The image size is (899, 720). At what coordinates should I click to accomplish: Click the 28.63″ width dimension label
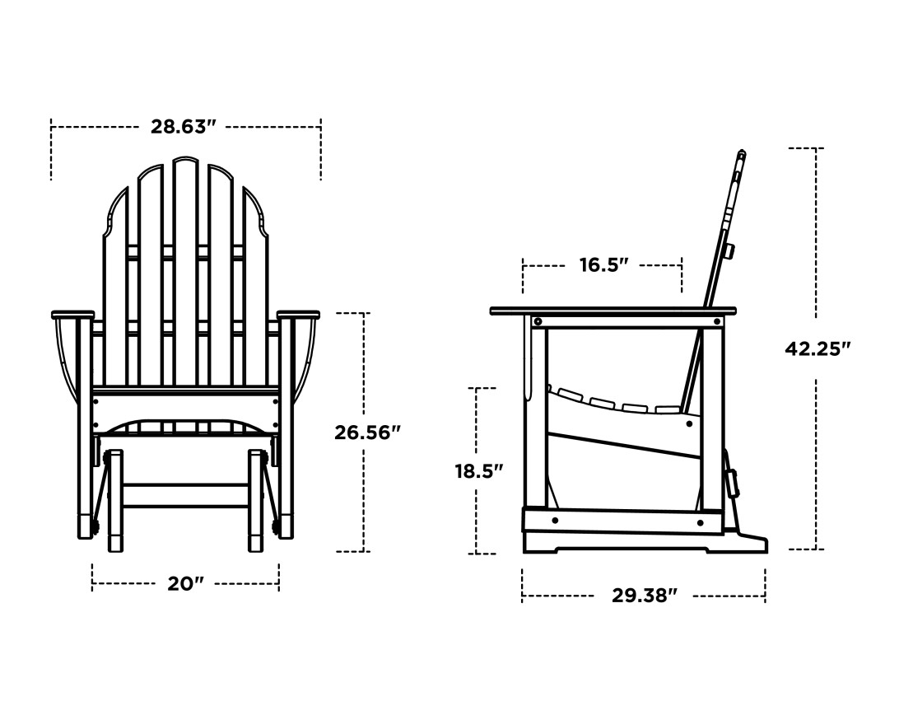coord(183,127)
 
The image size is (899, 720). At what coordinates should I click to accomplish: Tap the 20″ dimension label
coord(185,584)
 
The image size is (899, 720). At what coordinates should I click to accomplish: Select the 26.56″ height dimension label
coord(367,432)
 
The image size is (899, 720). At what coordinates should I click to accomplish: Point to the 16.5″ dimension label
coord(603,265)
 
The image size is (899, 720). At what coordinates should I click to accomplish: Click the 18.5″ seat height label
coord(478,471)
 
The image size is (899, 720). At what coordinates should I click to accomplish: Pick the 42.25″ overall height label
coord(817,348)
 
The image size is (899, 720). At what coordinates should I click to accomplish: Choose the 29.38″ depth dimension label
coord(644,596)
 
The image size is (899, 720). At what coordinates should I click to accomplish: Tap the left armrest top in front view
coord(73,315)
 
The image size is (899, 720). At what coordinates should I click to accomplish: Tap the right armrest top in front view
coord(298,315)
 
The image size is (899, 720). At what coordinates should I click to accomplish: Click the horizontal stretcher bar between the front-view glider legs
coord(185,495)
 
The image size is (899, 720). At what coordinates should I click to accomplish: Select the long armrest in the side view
coord(613,311)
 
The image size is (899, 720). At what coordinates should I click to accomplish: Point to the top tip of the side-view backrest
coord(742,153)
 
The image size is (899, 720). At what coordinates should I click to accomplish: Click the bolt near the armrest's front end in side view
coord(538,321)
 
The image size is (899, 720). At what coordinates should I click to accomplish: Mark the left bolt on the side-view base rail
coord(555,520)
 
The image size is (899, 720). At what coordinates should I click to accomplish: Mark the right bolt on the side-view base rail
coord(700,522)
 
